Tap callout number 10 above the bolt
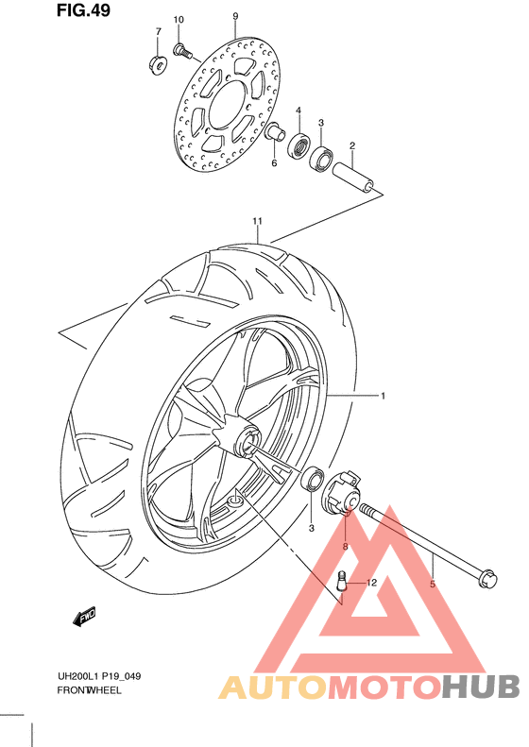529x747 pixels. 179,20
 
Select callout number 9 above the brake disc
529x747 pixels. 235,16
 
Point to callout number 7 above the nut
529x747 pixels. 158,32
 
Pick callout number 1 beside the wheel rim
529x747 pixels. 383,396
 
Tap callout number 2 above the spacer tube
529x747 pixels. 351,145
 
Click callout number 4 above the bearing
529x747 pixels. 298,111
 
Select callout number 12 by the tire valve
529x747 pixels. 372,583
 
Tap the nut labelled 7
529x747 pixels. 158,64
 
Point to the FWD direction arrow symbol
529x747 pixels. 85,618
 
